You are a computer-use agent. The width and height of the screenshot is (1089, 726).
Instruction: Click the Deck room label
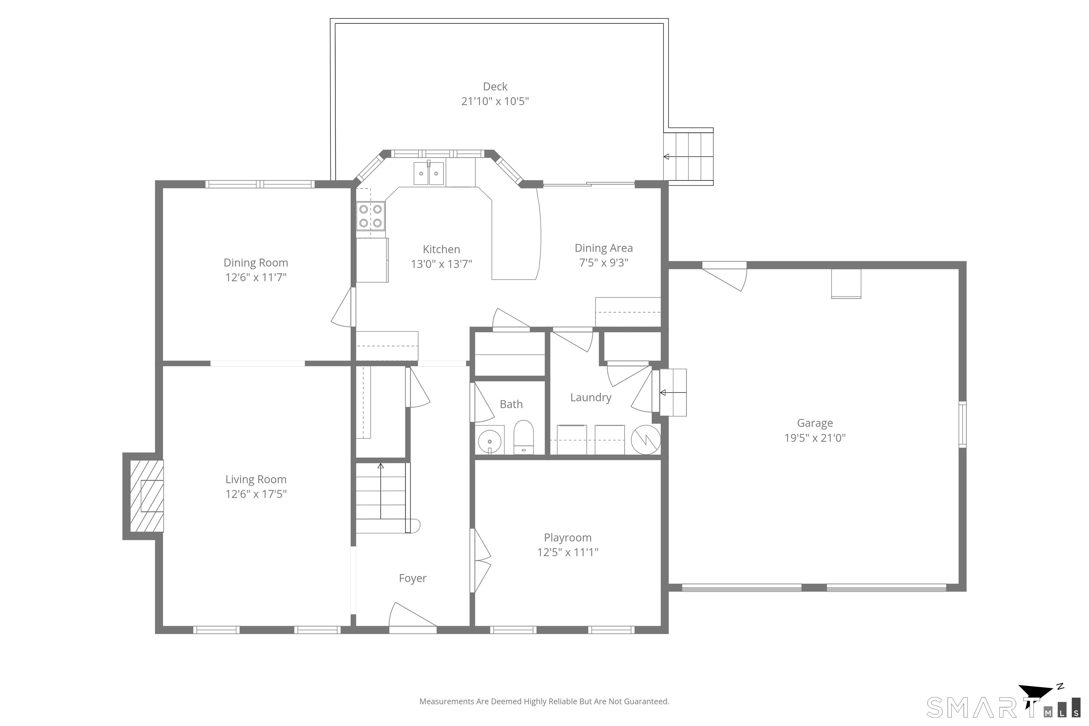(495, 86)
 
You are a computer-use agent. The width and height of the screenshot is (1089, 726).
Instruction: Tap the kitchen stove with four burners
(370, 216)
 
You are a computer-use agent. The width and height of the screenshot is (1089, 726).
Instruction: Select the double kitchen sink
(429, 173)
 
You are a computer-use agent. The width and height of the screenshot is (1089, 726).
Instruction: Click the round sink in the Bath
(490, 441)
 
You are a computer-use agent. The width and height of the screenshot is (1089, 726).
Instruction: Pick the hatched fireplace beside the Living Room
(146, 496)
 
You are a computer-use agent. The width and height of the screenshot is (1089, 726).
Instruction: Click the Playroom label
(568, 537)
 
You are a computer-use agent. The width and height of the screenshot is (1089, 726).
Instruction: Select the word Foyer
(413, 578)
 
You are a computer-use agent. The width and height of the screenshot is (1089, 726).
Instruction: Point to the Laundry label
(591, 398)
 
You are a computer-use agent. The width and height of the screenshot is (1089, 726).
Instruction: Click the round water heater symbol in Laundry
(646, 440)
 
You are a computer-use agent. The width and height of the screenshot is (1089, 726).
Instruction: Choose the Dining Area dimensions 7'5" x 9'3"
(604, 263)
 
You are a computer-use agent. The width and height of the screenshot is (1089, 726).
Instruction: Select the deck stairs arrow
(688, 157)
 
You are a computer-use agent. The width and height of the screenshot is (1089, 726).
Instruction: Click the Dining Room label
(256, 263)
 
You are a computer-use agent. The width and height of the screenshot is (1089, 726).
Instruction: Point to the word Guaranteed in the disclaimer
(646, 702)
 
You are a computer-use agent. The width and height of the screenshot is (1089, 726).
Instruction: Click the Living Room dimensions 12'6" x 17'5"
(256, 494)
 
